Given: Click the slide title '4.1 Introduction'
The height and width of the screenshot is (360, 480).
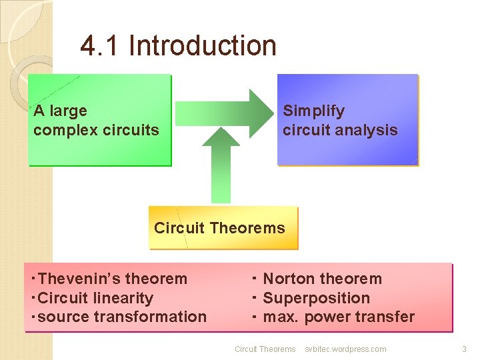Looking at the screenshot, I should tap(178, 46).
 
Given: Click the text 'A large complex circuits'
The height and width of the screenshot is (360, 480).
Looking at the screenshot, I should tap(96, 121).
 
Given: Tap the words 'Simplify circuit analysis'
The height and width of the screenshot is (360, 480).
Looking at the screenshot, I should tap(339, 121).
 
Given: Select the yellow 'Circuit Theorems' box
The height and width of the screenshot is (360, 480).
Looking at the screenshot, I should tap(223, 228).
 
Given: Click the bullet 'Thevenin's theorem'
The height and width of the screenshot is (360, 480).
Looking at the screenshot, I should tap(113, 279).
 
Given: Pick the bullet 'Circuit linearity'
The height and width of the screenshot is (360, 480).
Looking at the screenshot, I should tap(95, 298).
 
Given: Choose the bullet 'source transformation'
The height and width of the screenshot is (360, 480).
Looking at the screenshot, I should tap(122, 317).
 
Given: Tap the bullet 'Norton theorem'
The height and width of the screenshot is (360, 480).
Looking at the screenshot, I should tap(322, 279).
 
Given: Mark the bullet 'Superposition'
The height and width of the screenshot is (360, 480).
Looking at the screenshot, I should tap(316, 298).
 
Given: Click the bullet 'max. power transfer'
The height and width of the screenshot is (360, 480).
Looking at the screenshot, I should tap(338, 317).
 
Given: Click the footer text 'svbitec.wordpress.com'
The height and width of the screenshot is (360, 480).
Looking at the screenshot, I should tap(345, 349).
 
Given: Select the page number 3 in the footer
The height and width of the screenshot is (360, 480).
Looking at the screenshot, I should tap(464, 349).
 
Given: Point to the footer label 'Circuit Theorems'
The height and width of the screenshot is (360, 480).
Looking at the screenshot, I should tap(265, 349).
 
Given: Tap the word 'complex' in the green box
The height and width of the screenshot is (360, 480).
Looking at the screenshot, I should tap(61, 130).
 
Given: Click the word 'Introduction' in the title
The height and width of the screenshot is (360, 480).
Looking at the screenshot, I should tap(202, 46).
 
